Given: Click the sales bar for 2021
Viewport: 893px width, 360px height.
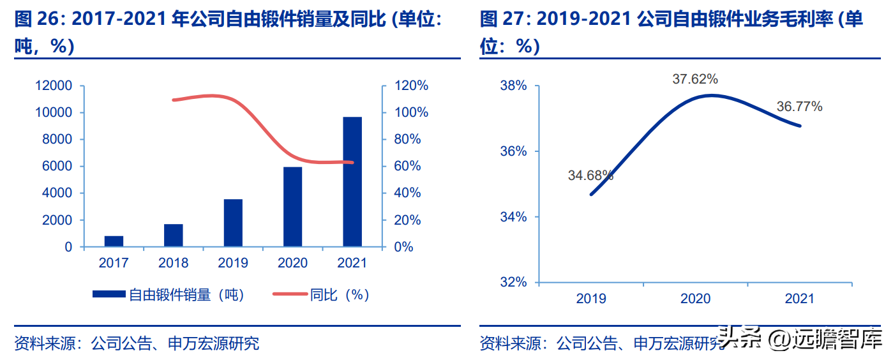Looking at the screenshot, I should pos(352,182).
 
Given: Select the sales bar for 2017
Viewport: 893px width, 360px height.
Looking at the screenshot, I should pos(114,241).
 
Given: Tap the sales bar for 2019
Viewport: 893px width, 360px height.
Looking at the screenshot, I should pos(233,223).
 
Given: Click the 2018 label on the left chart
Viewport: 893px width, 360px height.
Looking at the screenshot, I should pos(173,263).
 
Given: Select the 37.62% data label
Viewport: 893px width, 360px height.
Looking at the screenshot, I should pos(695,80).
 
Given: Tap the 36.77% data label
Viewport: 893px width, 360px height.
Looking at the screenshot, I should pos(799,107).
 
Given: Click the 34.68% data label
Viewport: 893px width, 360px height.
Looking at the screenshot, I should pos(590,176).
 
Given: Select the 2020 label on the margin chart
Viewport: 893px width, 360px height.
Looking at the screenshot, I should pos(695,299).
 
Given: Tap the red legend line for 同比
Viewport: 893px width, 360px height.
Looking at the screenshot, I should pos(290,294).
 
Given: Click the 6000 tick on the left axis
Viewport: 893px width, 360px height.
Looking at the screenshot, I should pos(59,166).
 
